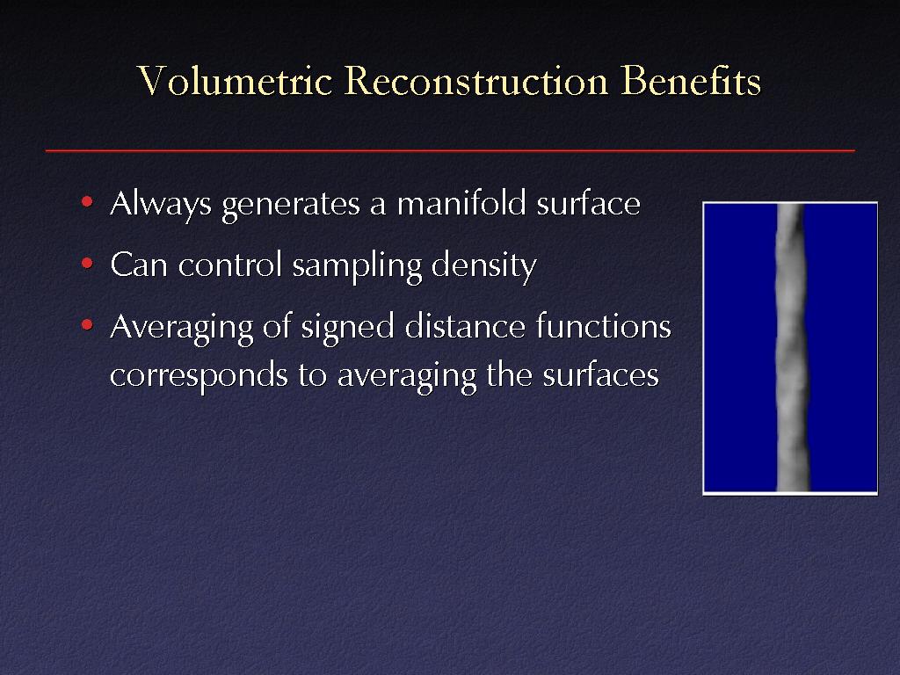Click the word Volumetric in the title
coord(236,80)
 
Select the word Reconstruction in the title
coord(476,80)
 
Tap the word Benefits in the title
coord(691,80)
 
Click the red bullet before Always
coord(87,201)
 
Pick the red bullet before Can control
coord(87,264)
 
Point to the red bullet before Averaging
coord(87,325)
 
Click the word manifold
coord(461,203)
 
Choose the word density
coord(484,266)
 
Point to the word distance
coord(465,326)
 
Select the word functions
coord(604,326)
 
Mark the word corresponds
coord(200,377)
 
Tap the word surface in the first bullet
coord(588,203)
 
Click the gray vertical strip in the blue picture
coord(792,348)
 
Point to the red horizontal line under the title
coord(450,150)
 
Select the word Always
coord(161,204)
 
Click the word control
coord(230,265)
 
